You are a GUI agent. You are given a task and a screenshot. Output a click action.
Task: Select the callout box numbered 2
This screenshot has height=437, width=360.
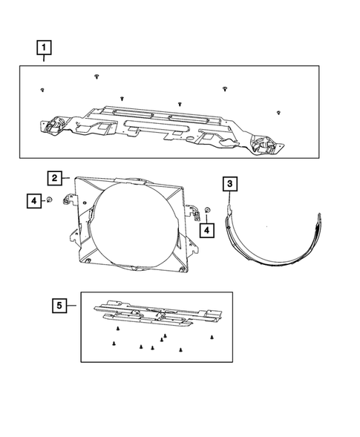[x=55, y=178]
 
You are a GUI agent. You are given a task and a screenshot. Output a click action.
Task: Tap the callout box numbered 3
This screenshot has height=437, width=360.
[x=231, y=183]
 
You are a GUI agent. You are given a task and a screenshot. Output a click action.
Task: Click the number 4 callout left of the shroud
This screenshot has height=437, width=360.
[x=33, y=200]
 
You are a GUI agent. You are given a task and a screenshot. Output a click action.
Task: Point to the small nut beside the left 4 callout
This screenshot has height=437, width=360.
[x=48, y=200]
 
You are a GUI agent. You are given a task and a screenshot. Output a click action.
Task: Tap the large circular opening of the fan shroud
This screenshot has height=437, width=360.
[x=129, y=222]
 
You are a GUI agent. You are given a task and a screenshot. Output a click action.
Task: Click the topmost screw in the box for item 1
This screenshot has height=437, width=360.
[x=96, y=76]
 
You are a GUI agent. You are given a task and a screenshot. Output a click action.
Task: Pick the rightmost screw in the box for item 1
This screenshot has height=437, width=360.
[x=277, y=112]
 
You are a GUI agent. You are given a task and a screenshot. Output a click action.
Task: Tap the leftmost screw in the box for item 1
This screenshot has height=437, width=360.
[x=42, y=90]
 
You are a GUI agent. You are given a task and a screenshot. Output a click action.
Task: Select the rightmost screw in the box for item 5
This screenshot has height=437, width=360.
[x=212, y=336]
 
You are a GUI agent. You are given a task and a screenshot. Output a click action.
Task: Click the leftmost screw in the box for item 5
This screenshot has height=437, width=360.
[x=112, y=343]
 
